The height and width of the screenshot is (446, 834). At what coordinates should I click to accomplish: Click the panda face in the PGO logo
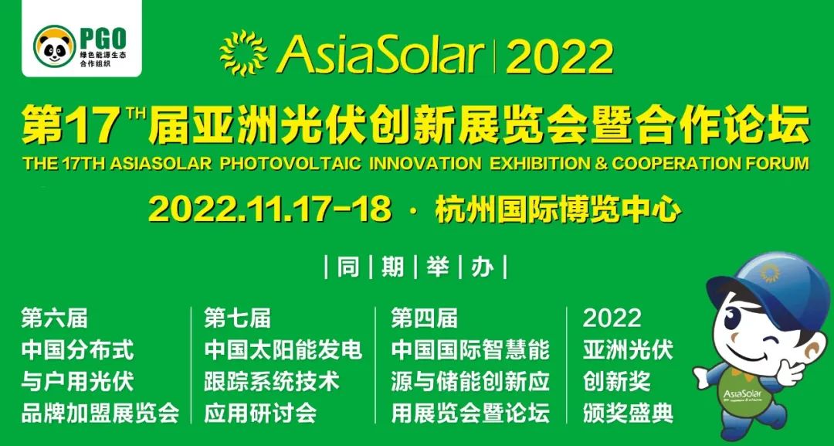tap(54, 46)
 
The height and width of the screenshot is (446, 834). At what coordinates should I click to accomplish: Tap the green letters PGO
tap(103, 39)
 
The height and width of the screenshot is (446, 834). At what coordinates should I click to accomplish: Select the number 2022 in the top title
tap(560, 56)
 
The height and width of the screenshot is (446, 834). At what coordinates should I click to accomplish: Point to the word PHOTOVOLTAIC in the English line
tap(290, 163)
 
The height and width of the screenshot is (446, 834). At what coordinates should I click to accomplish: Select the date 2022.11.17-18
tap(270, 209)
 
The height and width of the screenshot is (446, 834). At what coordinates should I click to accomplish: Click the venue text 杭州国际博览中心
tap(558, 209)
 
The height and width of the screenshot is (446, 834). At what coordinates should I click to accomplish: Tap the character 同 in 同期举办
tap(347, 267)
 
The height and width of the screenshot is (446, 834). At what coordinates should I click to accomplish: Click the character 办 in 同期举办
tap(483, 267)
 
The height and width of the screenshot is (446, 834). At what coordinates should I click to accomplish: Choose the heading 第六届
tap(54, 318)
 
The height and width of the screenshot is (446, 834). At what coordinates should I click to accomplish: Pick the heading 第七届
tap(237, 318)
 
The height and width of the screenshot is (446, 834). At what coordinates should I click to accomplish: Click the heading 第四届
tap(425, 318)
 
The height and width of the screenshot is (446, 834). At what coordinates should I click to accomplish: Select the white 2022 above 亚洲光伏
tap(612, 318)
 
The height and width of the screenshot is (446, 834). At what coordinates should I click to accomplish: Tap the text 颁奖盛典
tap(628, 414)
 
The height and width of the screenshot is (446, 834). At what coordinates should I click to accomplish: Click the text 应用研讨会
tap(260, 414)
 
